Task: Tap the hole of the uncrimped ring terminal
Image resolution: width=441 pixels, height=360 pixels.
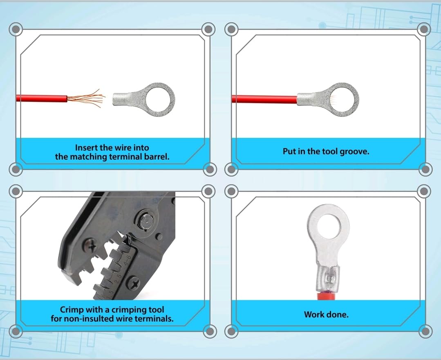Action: [157, 99]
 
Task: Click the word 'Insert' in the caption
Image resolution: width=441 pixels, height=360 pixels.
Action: [87, 148]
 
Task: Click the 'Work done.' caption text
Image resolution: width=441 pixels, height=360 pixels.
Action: [326, 315]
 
